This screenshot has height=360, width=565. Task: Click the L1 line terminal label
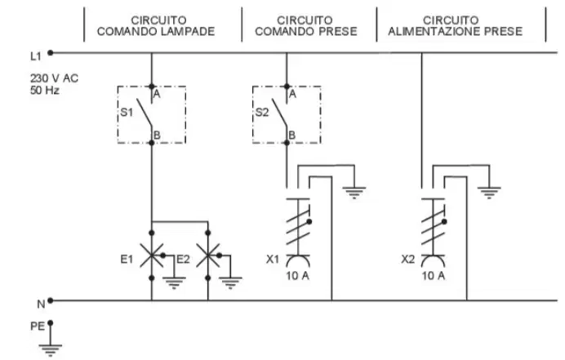(36, 56)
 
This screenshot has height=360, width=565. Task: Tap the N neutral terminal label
(41, 304)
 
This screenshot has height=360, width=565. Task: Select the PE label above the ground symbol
(38, 327)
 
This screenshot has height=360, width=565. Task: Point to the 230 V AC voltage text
(54, 78)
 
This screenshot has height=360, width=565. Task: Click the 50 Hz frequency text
(45, 90)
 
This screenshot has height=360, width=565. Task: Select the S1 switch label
(127, 113)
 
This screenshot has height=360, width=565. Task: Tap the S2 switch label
(262, 113)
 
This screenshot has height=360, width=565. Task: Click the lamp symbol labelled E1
(152, 256)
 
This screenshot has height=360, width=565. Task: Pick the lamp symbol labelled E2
(208, 256)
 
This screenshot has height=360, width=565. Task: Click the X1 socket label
(273, 259)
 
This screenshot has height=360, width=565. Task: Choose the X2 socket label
(407, 259)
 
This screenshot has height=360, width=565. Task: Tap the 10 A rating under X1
(298, 276)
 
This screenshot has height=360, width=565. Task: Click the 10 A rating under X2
(433, 276)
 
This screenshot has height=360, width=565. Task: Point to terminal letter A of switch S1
(157, 95)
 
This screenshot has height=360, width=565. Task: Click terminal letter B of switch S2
(292, 136)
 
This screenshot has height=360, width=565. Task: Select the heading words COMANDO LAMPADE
(156, 32)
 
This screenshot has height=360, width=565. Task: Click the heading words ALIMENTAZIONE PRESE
(455, 32)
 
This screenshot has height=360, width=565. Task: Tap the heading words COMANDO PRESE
(306, 32)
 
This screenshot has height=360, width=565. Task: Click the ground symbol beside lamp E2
(230, 283)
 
